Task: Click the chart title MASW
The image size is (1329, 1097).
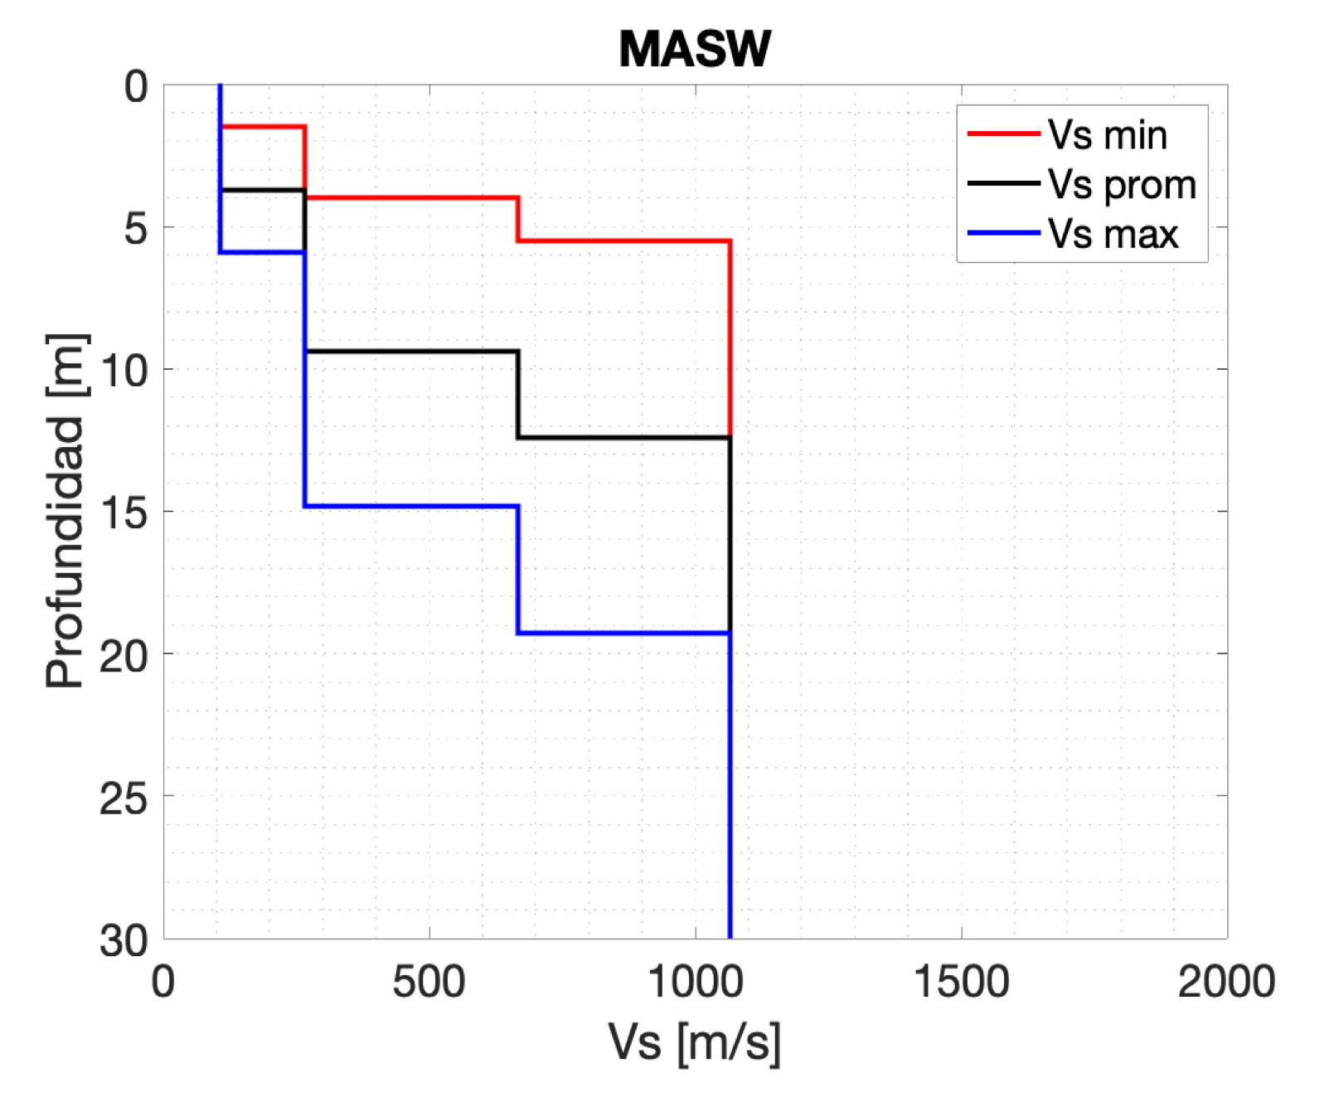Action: coord(695,50)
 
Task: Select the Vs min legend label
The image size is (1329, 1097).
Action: coord(1107,135)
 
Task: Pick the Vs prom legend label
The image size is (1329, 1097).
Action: coord(1122,184)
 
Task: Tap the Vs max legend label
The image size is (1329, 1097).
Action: coord(1113,234)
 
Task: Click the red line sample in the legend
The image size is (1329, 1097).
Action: coord(1003,133)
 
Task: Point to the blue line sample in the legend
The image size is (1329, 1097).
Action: coord(1003,233)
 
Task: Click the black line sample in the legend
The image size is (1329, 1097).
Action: coord(1003,183)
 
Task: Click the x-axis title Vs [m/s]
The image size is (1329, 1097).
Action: coord(695,1041)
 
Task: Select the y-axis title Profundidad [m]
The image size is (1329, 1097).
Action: coord(65,511)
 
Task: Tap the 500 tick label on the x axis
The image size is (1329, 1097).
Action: coord(429,983)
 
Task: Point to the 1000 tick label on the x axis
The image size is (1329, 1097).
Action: coord(695,983)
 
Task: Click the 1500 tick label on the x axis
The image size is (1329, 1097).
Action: coord(961,983)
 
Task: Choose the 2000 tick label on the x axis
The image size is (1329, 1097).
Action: coord(1226,983)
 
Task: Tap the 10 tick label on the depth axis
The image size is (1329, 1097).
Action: coord(124,371)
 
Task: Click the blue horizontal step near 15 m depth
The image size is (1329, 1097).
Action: coord(411,506)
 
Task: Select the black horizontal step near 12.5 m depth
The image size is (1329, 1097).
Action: coord(623,437)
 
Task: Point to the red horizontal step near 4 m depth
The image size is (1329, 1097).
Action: coord(411,198)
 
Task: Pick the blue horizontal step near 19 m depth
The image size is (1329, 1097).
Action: coord(623,633)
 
